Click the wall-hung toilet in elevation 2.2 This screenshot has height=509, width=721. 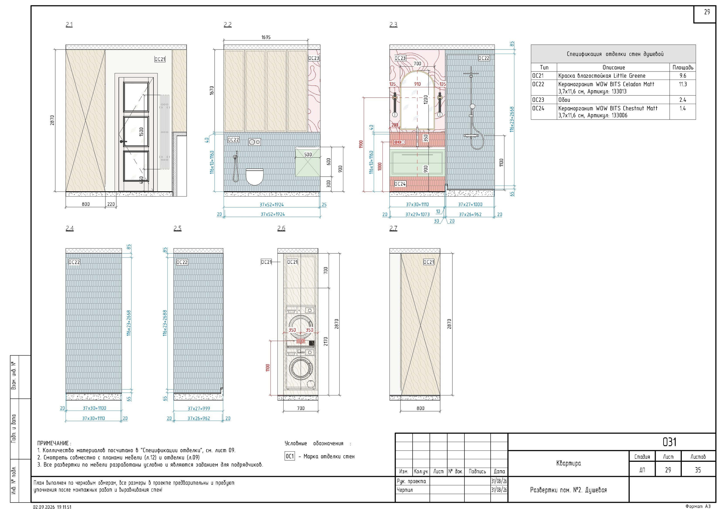(254, 177)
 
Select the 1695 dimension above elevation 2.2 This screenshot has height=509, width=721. (266, 37)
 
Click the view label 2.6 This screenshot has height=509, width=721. (281, 228)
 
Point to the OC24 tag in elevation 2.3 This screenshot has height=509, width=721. (400, 184)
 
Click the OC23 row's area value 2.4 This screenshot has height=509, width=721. (682, 100)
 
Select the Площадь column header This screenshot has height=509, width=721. (683, 67)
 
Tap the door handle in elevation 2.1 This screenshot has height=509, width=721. (123, 142)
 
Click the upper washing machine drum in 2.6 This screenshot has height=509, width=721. (301, 326)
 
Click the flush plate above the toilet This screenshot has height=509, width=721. (254, 142)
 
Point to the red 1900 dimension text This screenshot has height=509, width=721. (361, 144)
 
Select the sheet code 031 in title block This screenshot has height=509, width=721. (669, 442)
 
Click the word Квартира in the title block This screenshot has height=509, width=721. (568, 463)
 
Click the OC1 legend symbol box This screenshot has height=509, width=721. (290, 456)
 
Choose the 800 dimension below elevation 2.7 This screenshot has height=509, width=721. (420, 408)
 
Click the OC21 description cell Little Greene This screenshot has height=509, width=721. (602, 76)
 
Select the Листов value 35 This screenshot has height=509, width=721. (697, 470)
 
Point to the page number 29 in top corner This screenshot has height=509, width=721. (707, 12)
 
